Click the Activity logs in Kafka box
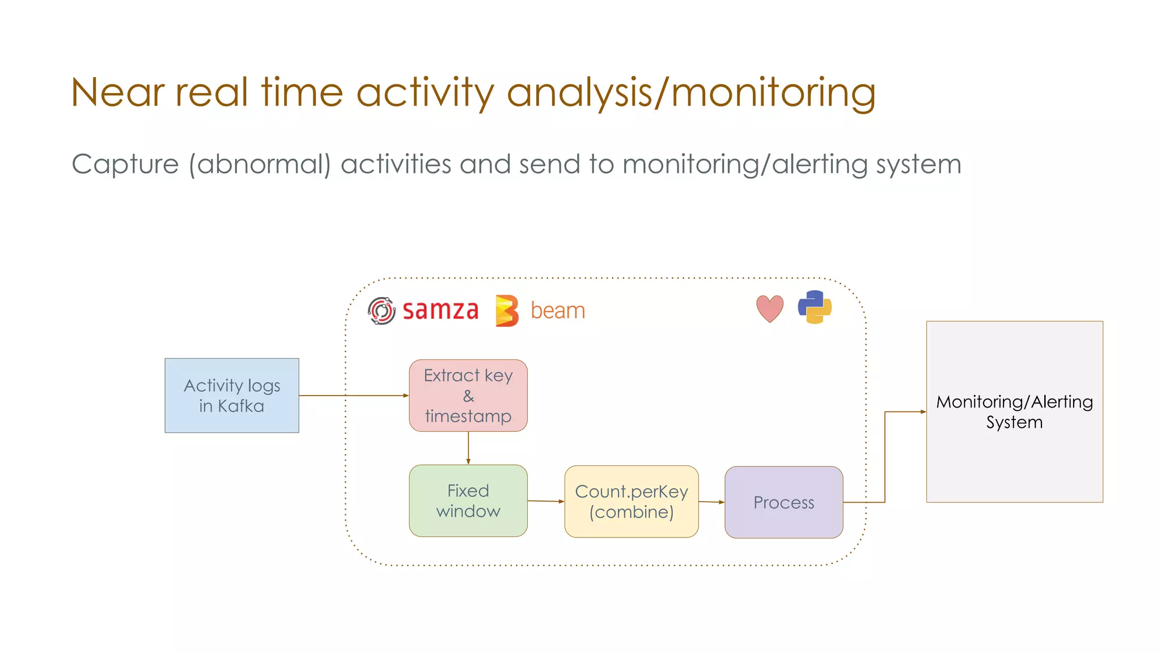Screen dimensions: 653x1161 tap(231, 395)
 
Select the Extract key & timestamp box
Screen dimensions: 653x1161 tap(468, 395)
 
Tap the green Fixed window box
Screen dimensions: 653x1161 tap(468, 501)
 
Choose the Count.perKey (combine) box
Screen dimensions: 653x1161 tap(631, 502)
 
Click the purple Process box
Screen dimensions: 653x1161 tap(783, 502)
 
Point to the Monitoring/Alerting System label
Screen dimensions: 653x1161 tap(1014, 412)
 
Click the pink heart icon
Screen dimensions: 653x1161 tap(770, 308)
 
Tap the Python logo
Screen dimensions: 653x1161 tap(815, 307)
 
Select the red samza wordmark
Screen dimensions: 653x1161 tap(440, 311)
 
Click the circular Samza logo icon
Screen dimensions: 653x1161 tap(382, 311)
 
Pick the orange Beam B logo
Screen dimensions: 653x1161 tap(506, 311)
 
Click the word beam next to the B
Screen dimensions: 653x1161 tap(558, 311)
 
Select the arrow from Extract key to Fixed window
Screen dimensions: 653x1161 tap(468, 448)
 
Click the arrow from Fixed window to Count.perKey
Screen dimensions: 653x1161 tap(545, 501)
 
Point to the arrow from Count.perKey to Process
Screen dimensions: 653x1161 tap(711, 502)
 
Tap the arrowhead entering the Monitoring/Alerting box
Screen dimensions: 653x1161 tap(922, 412)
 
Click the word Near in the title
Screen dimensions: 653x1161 tap(118, 92)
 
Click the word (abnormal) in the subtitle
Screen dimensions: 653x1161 tap(260, 164)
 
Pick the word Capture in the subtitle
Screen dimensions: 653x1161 tap(125, 164)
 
